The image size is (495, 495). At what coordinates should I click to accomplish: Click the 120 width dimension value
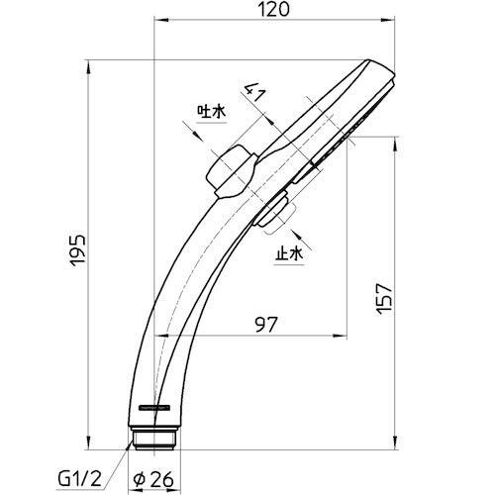tap(273, 9)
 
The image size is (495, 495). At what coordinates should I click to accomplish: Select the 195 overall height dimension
tap(78, 250)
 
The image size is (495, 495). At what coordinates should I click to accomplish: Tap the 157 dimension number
tap(384, 299)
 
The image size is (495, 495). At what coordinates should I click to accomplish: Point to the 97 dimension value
tap(266, 324)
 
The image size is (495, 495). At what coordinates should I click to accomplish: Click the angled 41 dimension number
tap(254, 92)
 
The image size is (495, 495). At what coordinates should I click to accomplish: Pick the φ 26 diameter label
tap(152, 479)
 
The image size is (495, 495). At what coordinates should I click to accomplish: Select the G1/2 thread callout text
tap(79, 479)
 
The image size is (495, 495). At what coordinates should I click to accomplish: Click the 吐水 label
tap(212, 112)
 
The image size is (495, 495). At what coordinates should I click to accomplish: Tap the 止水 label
tap(289, 254)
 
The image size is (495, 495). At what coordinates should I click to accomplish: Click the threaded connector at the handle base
tap(154, 438)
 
